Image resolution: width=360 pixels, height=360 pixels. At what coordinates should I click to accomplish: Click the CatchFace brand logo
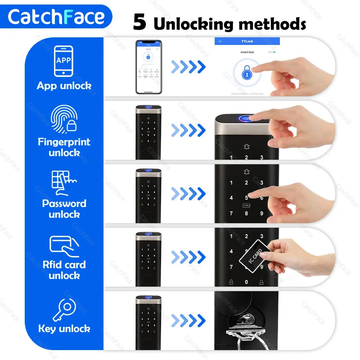(x=56, y=17)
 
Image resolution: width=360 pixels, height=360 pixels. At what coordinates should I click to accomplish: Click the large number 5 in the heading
(x=140, y=22)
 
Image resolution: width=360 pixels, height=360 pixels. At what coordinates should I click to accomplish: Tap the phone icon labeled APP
(x=63, y=61)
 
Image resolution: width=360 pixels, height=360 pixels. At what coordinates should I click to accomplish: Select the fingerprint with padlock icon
(x=64, y=119)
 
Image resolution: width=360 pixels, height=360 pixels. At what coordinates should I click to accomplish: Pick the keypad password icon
(x=64, y=182)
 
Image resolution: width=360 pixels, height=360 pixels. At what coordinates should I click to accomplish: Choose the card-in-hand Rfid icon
(x=64, y=245)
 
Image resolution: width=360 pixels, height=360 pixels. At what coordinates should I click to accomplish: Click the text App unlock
(x=64, y=85)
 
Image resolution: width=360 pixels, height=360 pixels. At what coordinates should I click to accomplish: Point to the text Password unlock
(x=64, y=209)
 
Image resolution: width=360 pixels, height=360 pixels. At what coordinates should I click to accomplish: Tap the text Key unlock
(x=64, y=328)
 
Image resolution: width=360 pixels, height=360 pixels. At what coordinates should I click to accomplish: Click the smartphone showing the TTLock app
(x=148, y=67)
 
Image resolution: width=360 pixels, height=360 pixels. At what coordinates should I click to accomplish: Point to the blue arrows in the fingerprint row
(x=189, y=131)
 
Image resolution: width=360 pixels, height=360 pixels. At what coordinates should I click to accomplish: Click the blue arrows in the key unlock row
(x=189, y=321)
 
